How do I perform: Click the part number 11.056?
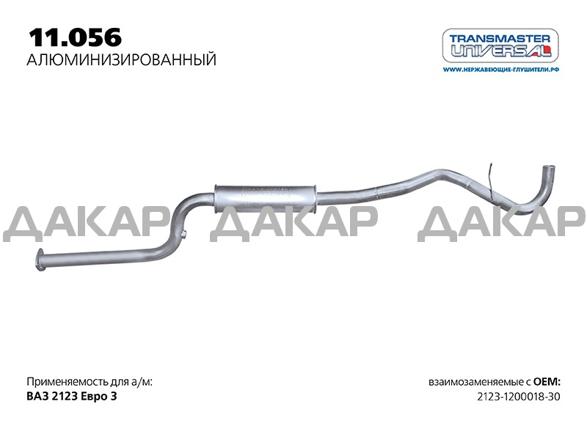click(x=76, y=37)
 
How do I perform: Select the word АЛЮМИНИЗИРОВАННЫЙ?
click(x=122, y=60)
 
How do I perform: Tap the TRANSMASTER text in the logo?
click(x=500, y=39)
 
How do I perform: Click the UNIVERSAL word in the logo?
click(x=501, y=50)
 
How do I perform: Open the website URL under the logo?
click(x=501, y=69)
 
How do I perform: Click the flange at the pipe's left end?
click(x=40, y=259)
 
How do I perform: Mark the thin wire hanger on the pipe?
click(x=490, y=179)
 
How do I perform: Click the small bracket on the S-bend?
click(x=183, y=234)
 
